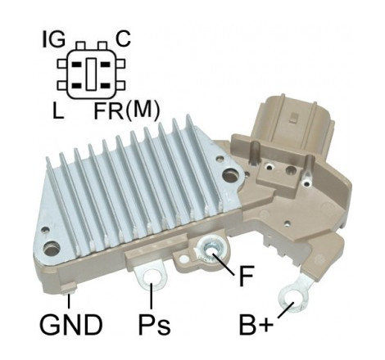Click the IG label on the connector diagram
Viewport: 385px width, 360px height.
[54, 40]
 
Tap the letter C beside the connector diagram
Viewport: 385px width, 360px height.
[123, 39]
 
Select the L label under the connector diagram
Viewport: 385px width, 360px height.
[58, 110]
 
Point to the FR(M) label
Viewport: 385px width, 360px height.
[126, 110]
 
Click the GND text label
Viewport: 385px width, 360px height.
[70, 325]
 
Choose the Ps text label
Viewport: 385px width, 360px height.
[154, 325]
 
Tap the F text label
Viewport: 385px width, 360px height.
[247, 276]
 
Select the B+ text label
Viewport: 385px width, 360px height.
[256, 325]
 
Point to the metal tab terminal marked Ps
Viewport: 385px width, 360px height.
[151, 277]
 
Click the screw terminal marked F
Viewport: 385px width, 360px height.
[211, 250]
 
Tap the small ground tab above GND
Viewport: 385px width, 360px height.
[68, 289]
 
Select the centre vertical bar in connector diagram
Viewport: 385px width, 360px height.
[91, 74]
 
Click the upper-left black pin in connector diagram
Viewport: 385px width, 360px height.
[77, 65]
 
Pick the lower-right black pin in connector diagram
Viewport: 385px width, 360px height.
[105, 86]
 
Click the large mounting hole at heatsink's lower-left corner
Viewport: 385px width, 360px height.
[52, 249]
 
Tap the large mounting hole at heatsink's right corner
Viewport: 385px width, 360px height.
[230, 176]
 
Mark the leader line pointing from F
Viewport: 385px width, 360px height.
[223, 263]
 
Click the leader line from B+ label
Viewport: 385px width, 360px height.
[286, 310]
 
